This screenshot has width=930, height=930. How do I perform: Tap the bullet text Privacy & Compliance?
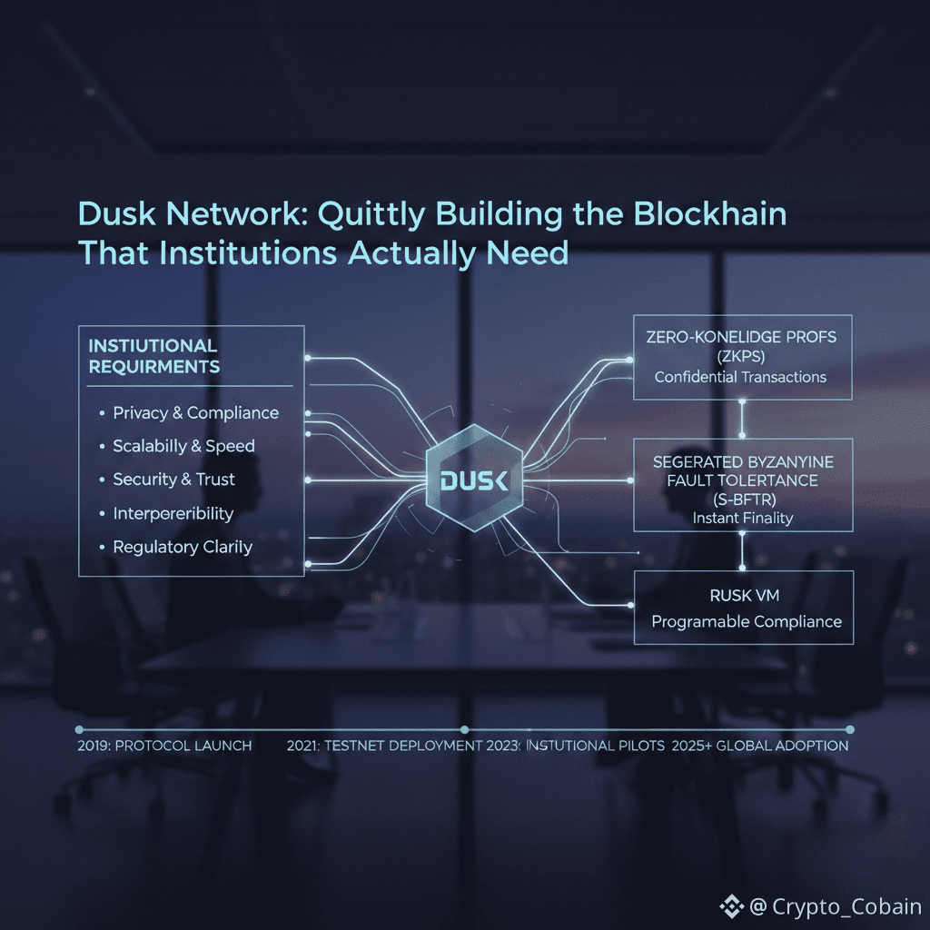(x=195, y=413)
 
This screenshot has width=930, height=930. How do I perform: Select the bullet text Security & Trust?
(x=173, y=480)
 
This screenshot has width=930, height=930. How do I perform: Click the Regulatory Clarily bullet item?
(x=182, y=547)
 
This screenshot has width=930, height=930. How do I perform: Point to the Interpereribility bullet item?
(x=173, y=513)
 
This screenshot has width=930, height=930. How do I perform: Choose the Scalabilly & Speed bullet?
(x=183, y=446)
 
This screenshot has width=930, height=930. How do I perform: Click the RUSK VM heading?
(x=743, y=596)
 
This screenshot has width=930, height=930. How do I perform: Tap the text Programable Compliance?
(x=747, y=622)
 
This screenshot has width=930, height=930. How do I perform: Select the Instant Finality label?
(x=742, y=519)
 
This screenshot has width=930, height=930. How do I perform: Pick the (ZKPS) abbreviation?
(x=742, y=357)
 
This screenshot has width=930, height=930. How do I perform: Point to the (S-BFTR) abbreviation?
(x=742, y=500)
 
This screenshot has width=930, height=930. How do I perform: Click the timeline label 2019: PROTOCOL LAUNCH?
(x=164, y=746)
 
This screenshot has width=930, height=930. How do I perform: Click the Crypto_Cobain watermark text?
(x=846, y=906)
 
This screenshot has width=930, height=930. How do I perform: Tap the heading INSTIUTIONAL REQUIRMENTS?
(x=154, y=356)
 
